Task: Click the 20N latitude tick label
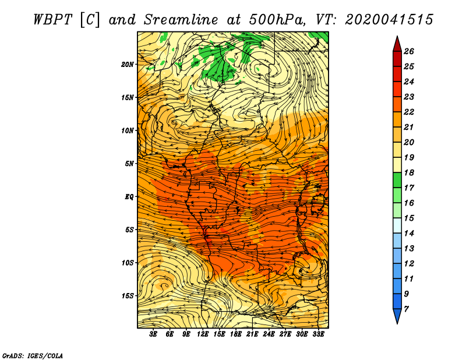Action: coord(127,65)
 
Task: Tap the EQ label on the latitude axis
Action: coord(129,197)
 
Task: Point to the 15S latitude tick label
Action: coord(128,296)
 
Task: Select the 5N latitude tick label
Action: coord(129,164)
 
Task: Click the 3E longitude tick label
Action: coord(153,334)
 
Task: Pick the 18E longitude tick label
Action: coord(236,334)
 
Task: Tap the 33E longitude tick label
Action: coord(318,334)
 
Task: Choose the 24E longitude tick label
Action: coord(269,334)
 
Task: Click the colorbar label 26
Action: coord(409,51)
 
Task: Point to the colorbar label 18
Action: coord(409,172)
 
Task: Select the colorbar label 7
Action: coord(406,309)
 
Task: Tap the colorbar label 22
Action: coord(409,112)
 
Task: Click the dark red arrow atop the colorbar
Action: coord(397,44)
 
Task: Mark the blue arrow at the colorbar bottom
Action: coord(397,316)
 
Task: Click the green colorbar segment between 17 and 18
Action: coord(397,180)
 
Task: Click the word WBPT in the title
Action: coord(52,20)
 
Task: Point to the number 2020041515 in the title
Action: coord(389,20)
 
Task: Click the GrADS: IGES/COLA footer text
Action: coord(33,355)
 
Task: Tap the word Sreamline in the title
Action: coord(181,20)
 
